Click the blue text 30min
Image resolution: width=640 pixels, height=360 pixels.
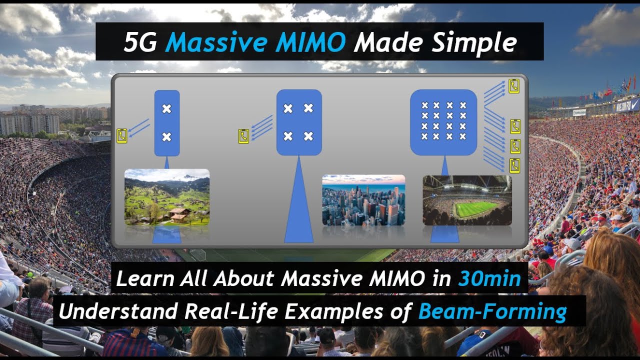point(489,278)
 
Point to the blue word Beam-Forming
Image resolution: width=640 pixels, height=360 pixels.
point(492,311)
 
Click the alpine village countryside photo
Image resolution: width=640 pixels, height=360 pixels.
point(167,197)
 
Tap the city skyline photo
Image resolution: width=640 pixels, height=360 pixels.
point(363,200)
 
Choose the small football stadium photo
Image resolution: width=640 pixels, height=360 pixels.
point(467,200)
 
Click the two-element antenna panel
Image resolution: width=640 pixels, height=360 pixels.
point(167,123)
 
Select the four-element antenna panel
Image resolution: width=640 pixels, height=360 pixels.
point(298,122)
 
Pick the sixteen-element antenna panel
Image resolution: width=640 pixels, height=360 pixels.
point(443,122)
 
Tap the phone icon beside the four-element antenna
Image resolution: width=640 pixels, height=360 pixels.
point(243,136)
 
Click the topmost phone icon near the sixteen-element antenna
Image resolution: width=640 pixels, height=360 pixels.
point(514,86)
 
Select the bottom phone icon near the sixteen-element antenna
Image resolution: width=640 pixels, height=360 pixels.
point(514,165)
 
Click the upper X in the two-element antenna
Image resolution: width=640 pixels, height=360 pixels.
point(167,108)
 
